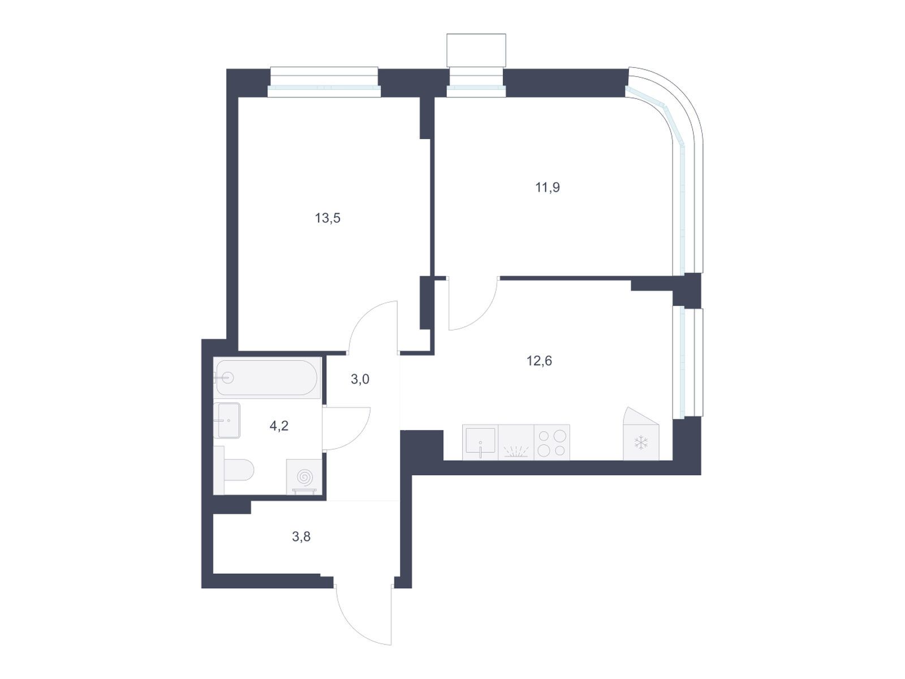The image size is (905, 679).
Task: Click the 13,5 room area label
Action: pyautogui.click(x=327, y=218)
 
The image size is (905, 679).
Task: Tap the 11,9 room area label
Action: pyautogui.click(x=547, y=188)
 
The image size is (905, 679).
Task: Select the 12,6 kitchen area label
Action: pyautogui.click(x=539, y=361)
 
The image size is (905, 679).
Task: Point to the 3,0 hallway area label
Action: pyautogui.click(x=360, y=379)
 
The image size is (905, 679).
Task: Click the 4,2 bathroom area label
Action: pyautogui.click(x=279, y=426)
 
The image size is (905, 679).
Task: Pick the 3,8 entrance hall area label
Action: pyautogui.click(x=301, y=537)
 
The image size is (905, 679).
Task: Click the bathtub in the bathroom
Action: pyautogui.click(x=267, y=377)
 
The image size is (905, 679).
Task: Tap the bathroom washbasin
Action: pyautogui.click(x=226, y=420)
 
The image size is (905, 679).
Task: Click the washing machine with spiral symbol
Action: pyautogui.click(x=304, y=476)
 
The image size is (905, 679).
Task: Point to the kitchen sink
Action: pyautogui.click(x=480, y=442)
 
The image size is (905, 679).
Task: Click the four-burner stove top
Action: pyautogui.click(x=551, y=442)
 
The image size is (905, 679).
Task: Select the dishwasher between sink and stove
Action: pyautogui.click(x=516, y=442)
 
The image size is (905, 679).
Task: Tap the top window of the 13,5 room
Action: pyautogui.click(x=324, y=82)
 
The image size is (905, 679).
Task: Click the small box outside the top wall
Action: pyautogui.click(x=476, y=50)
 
